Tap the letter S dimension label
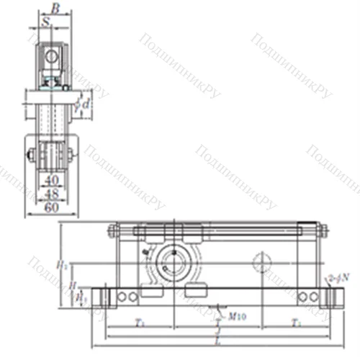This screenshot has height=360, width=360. [47, 22]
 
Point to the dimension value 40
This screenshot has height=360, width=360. [50, 179]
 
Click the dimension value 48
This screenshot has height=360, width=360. [50, 194]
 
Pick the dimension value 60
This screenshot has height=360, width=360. [50, 208]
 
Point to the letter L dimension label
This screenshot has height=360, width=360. [217, 339]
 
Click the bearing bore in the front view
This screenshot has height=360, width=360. [174, 260]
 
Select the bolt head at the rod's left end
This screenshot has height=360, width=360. [113, 231]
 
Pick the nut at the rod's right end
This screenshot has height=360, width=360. [322, 231]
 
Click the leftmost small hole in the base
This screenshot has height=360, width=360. [122, 297]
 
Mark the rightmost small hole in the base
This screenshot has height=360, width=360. [315, 297]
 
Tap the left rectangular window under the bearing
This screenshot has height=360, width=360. [153, 292]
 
